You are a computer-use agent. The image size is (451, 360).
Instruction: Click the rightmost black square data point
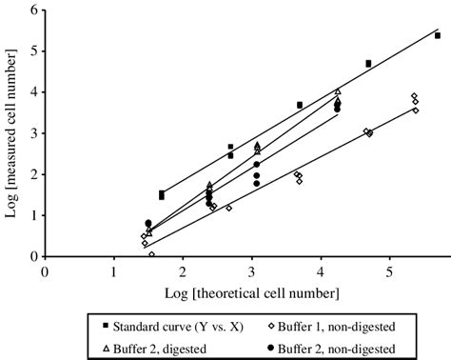click(x=438, y=35)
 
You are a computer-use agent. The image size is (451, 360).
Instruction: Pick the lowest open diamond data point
click(x=152, y=254)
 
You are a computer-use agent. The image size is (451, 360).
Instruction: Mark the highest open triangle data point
click(x=338, y=92)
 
